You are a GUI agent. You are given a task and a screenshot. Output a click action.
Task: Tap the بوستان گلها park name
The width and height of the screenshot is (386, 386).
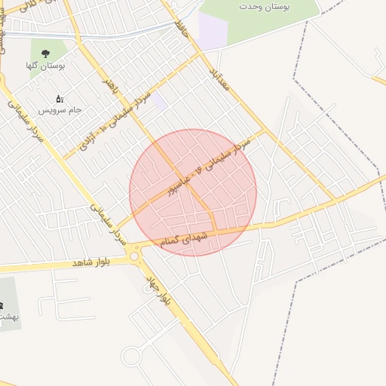[x=47, y=66]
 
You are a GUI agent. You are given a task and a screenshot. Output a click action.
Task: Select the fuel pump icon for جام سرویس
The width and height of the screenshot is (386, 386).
[x=60, y=99]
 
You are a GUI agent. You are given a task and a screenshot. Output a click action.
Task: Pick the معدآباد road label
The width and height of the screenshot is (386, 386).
[x=225, y=87]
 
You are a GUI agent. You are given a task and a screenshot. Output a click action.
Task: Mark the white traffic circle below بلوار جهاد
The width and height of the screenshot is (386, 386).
[x=132, y=355]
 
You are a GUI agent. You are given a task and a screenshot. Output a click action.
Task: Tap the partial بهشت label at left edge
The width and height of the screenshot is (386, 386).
[x=8, y=316]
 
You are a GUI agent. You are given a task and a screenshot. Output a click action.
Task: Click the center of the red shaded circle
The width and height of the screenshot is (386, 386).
[x=193, y=192]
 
